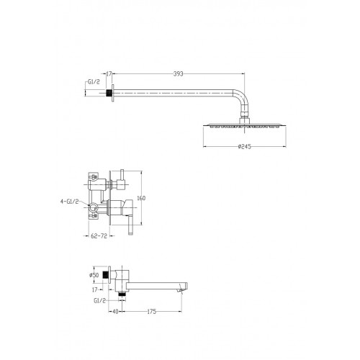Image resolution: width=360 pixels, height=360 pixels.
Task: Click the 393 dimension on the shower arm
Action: tap(179, 74)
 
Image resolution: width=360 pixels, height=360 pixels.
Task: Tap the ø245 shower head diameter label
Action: tap(245, 146)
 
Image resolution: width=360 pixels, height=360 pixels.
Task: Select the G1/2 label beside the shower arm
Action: tap(94, 82)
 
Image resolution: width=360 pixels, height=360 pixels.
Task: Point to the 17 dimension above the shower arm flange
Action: tap(109, 74)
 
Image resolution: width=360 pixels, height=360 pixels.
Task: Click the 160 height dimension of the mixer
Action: tap(141, 198)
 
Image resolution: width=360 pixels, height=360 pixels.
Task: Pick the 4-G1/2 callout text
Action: tap(69, 202)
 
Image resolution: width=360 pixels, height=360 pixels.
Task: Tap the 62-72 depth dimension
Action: tap(99, 236)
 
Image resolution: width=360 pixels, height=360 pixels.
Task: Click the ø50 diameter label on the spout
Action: tap(94, 275)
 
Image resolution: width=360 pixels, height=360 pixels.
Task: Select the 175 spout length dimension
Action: tap(151, 312)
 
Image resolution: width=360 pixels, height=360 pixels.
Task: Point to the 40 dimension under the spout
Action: tap(115, 312)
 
